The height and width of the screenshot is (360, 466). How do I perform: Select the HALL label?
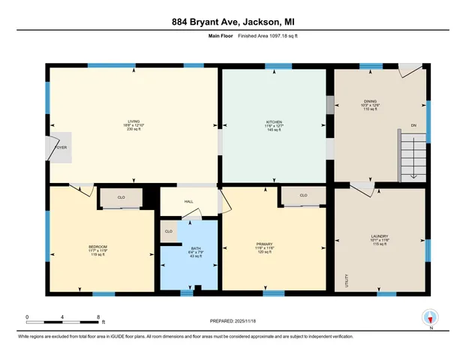[190, 201]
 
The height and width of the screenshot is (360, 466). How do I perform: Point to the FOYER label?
[61, 147]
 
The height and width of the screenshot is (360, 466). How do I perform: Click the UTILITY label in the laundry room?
[347, 280]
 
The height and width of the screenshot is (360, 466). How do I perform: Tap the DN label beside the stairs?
[413, 126]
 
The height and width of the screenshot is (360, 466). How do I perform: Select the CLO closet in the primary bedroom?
[303, 196]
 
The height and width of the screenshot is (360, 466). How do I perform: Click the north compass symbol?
[430, 316]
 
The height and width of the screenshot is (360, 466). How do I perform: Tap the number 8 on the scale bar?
[98, 316]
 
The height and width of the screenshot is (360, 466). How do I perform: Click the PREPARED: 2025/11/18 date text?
[233, 320]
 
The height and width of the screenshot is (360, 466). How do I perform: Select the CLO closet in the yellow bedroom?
[122, 199]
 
